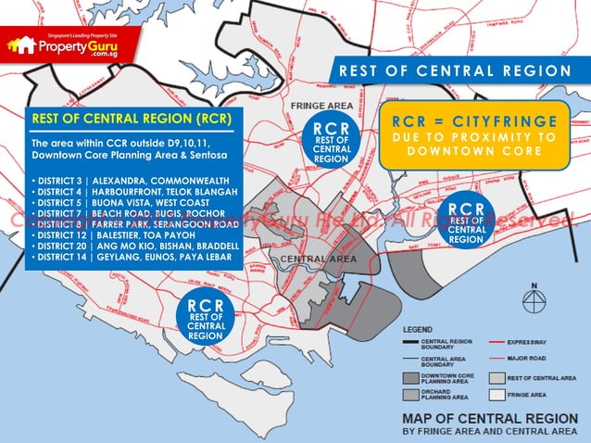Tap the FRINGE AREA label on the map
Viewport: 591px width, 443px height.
[x=320, y=106]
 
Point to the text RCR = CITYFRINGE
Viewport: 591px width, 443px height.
[x=474, y=120]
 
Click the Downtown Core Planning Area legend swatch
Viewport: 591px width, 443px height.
[x=410, y=378]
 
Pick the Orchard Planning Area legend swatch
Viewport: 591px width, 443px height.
[x=410, y=395]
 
